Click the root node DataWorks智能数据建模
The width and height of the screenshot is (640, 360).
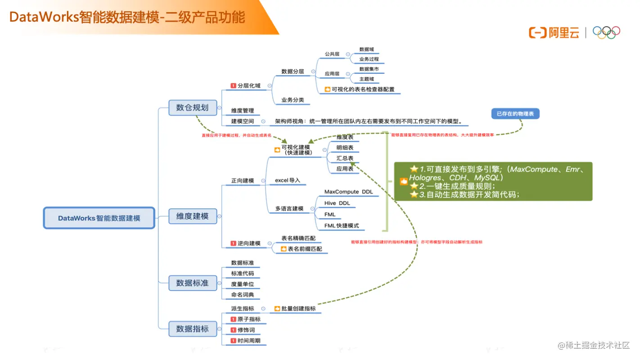[x=99, y=218]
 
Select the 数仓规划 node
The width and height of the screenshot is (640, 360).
[x=192, y=107]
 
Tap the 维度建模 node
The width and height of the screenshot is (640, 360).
[x=192, y=216]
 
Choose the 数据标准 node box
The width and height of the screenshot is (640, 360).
[x=192, y=283]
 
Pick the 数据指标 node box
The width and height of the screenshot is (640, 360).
[x=192, y=328]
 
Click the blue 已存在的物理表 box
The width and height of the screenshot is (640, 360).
[x=515, y=114]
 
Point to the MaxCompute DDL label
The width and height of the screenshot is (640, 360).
[x=348, y=192]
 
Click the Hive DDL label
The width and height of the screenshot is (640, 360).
[x=337, y=203]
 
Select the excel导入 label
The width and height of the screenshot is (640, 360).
[x=287, y=180]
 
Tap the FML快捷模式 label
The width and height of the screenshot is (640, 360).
[x=342, y=225]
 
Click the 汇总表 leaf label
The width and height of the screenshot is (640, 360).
[x=345, y=158]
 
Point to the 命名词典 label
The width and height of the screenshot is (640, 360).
[x=243, y=295]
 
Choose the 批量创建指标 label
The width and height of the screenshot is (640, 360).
[x=298, y=309]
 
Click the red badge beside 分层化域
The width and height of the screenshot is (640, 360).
[x=233, y=85]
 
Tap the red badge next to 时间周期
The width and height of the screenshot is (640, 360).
[x=233, y=341]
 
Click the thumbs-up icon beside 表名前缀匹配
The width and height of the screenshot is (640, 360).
[x=284, y=249]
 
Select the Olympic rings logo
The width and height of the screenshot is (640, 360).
[x=606, y=32]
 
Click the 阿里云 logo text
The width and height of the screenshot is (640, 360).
[x=563, y=32]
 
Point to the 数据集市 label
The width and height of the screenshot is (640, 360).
[x=369, y=69]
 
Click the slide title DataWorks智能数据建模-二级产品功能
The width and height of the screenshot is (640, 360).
[x=127, y=17]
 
